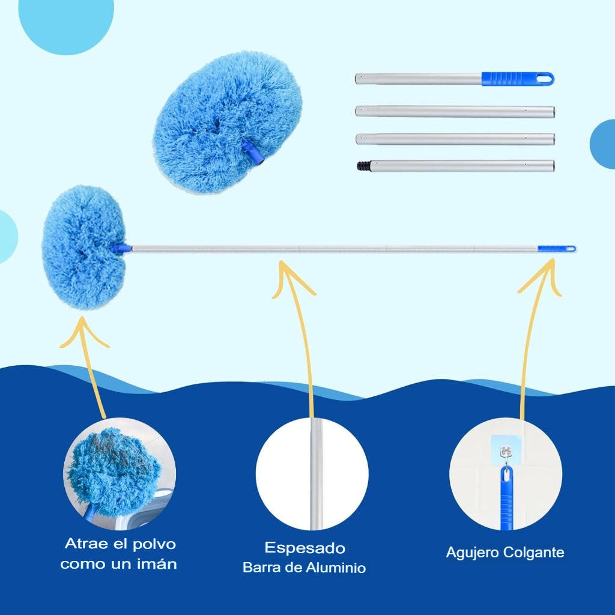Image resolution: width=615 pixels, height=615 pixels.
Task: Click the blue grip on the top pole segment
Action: pyautogui.click(x=517, y=79)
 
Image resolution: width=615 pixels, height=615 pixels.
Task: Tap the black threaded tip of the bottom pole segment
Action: pyautogui.click(x=364, y=166)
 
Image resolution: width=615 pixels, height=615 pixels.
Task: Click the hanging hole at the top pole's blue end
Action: pyautogui.click(x=544, y=79)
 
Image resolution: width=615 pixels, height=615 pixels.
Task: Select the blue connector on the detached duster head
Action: pyautogui.click(x=253, y=152)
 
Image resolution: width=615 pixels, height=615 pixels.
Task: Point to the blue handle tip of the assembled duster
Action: pyautogui.click(x=557, y=249)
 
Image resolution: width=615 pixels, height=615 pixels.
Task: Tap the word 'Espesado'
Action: pyautogui.click(x=304, y=548)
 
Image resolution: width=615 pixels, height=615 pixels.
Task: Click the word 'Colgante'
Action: pyautogui.click(x=534, y=553)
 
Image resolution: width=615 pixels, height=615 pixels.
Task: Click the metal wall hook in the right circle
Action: pyautogui.click(x=506, y=456)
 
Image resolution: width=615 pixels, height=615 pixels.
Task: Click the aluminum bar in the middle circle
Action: pyautogui.click(x=316, y=474)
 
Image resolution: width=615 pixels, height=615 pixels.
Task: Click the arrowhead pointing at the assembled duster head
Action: pyautogui.click(x=83, y=332)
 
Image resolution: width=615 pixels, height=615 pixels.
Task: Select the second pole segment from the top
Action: pyautogui.click(x=455, y=111)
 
